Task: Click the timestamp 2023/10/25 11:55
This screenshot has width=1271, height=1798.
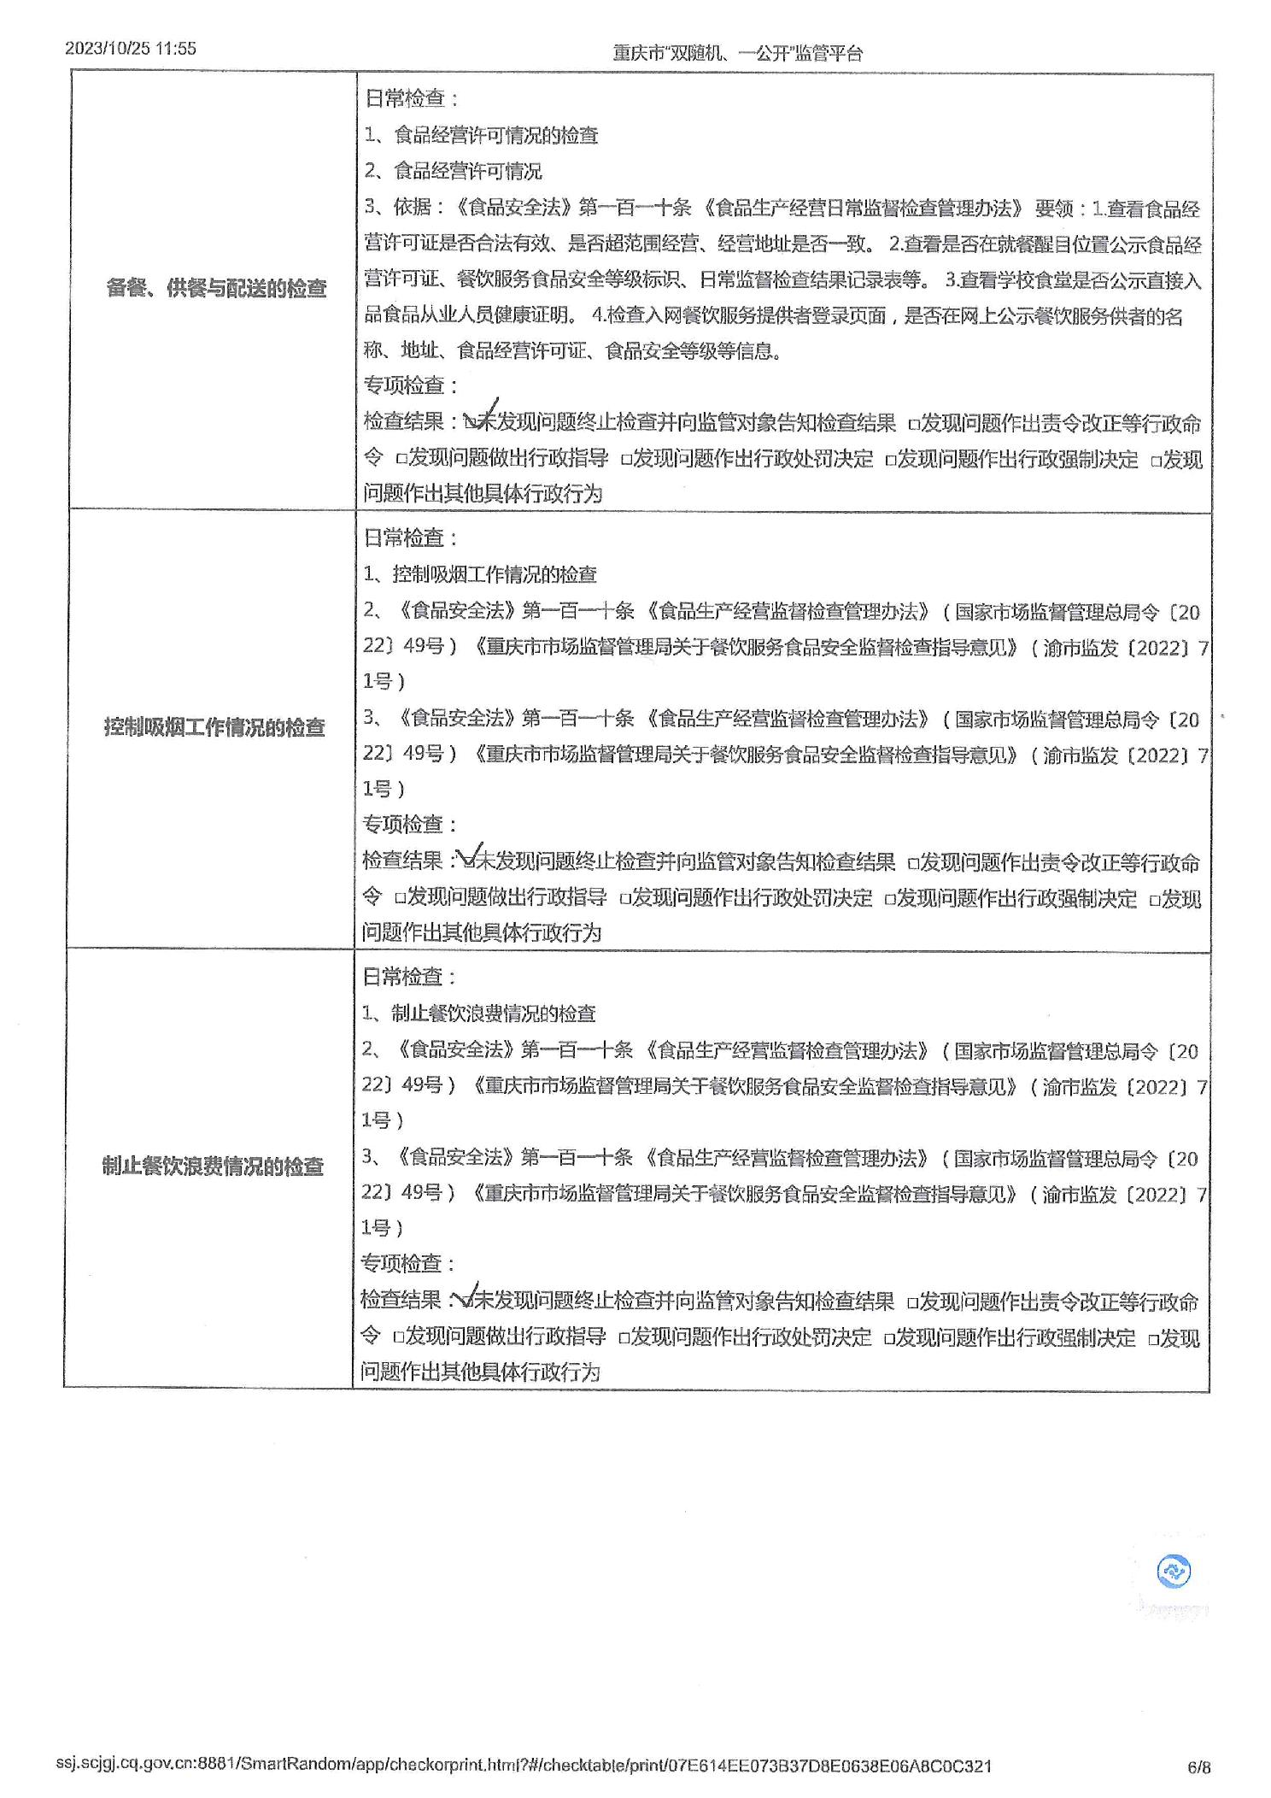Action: coord(131,49)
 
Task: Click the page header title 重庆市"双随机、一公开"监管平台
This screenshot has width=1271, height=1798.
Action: coord(738,53)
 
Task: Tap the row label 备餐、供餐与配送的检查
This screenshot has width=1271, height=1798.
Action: coord(216,288)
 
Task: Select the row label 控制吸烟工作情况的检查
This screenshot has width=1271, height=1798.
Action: coord(214,727)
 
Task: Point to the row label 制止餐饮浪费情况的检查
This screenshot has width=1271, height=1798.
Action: coord(213,1166)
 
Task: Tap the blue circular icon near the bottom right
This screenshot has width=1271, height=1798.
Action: coord(1174,1571)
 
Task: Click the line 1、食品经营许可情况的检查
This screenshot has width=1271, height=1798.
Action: coord(481,135)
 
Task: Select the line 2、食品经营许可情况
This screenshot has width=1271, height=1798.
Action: coord(453,171)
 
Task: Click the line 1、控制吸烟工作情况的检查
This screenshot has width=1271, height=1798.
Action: coord(479,574)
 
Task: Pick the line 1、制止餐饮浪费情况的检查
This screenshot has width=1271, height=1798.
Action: coord(478,1014)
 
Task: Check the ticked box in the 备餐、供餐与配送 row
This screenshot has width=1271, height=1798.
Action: coord(471,421)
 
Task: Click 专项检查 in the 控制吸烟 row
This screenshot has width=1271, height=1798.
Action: coord(409,825)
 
